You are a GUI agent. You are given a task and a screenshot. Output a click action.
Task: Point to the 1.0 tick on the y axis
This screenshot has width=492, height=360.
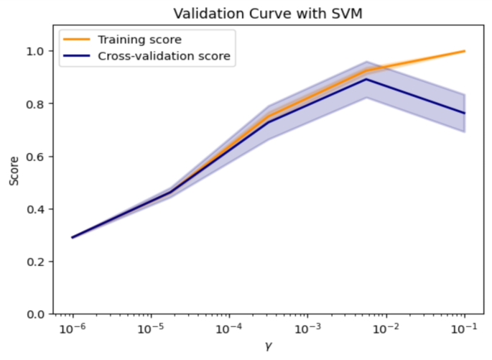37,51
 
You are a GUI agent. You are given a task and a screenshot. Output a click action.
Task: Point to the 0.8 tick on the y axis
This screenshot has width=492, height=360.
37,103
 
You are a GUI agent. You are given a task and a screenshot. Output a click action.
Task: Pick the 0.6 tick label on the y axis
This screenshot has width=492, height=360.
37,157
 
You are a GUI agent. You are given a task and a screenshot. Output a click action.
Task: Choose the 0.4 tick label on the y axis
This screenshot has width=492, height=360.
37,209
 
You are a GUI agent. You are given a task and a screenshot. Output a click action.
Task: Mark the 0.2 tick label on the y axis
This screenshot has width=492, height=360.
37,262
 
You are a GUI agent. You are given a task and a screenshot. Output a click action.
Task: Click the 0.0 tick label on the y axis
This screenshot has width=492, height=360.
37,315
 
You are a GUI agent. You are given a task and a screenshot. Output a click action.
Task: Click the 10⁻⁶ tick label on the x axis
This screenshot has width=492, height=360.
73,329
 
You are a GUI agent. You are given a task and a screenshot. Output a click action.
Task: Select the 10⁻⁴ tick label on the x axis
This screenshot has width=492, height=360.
229,329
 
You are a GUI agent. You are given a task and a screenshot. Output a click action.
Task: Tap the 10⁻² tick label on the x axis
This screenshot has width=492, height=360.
386,329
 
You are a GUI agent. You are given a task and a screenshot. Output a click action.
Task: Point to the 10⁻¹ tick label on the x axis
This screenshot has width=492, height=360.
464,329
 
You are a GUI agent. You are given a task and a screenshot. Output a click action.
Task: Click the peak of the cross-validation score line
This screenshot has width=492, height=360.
366,79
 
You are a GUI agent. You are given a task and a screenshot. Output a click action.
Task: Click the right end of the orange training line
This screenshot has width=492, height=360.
465,51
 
